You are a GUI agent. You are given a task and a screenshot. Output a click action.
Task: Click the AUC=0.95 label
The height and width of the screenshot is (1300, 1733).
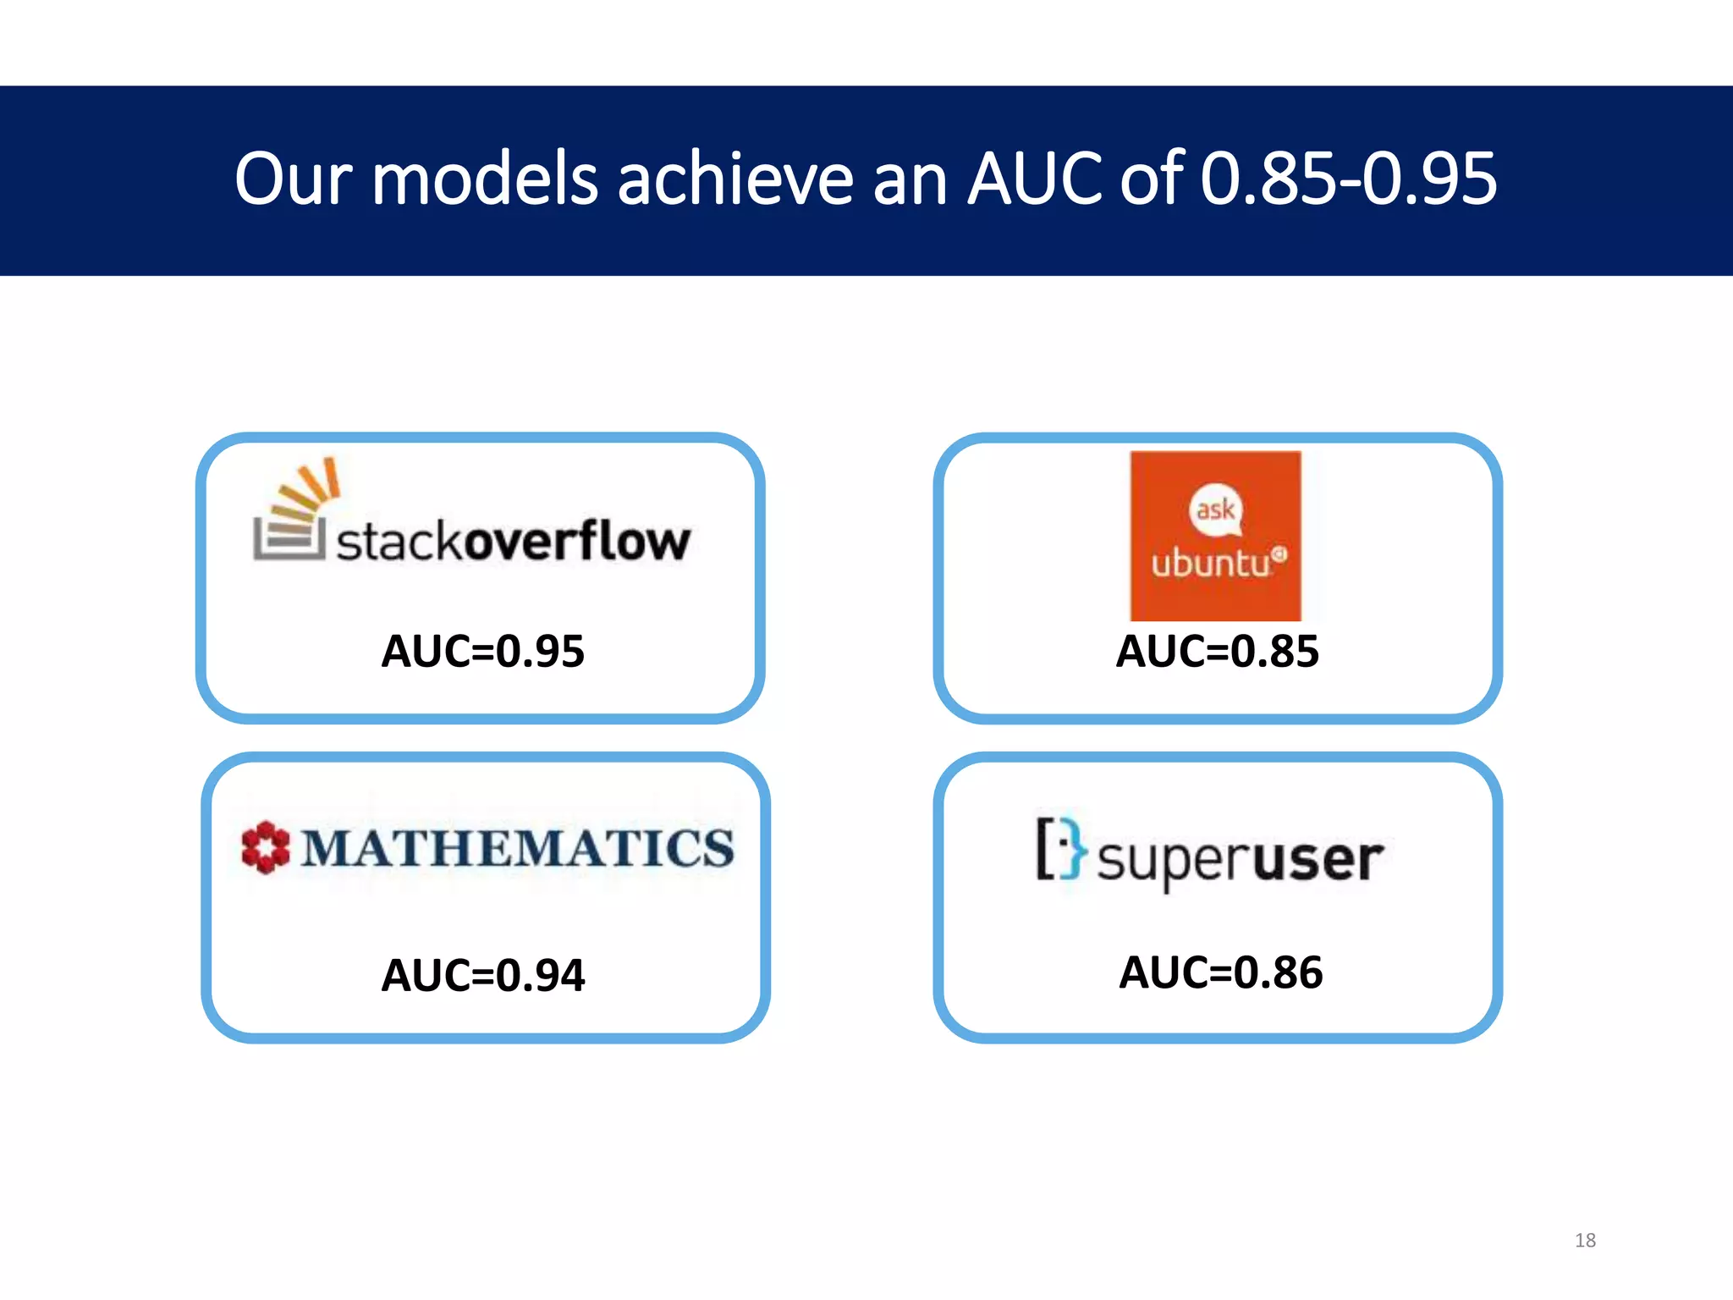coord(482,651)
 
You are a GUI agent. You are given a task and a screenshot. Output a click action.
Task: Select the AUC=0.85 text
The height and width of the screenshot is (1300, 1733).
coord(1217,651)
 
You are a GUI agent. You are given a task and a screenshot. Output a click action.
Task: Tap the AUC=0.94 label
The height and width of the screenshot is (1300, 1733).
coord(482,975)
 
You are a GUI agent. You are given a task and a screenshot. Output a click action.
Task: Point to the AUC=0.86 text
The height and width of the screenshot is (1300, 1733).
coord(1220,972)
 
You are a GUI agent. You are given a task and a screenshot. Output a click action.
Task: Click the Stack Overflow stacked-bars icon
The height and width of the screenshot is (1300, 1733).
coord(293,512)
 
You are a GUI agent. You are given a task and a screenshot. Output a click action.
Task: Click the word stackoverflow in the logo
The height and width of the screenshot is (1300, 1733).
coord(514,542)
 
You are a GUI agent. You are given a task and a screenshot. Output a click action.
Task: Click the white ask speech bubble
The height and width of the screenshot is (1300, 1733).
coord(1216,510)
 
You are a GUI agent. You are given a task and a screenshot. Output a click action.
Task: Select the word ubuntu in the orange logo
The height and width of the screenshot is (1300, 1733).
coord(1210,563)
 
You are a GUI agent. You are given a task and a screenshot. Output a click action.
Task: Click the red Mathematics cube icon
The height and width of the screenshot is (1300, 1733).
coord(265,847)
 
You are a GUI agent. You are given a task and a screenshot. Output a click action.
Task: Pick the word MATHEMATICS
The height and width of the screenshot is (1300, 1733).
coord(518,848)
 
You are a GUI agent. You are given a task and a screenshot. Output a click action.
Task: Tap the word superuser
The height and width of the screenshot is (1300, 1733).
coord(1241,860)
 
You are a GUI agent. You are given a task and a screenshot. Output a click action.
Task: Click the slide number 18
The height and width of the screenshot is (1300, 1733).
coord(1585,1240)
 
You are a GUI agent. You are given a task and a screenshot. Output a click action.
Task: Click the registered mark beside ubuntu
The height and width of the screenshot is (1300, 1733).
coord(1279,554)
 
